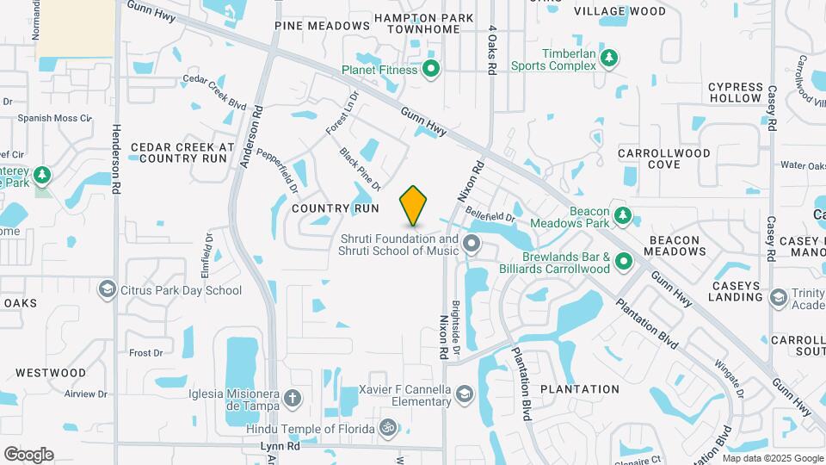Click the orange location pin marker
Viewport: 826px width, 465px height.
click(x=414, y=204)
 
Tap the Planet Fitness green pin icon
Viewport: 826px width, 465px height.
click(x=431, y=69)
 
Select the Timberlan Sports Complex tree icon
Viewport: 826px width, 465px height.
click(x=609, y=58)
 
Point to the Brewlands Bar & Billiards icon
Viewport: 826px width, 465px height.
click(x=625, y=262)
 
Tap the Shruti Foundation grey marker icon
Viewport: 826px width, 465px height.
click(x=471, y=244)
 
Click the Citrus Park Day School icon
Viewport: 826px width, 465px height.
click(x=108, y=290)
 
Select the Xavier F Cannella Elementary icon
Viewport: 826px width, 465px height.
click(x=464, y=394)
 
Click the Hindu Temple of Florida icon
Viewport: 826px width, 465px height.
click(x=388, y=428)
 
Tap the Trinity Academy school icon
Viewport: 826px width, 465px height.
click(x=779, y=298)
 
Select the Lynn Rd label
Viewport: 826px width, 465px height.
click(x=280, y=446)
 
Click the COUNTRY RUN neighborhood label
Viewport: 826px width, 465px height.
click(x=336, y=208)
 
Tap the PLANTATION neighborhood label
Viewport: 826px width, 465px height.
click(x=580, y=389)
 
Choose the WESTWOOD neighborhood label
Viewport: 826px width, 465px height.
click(x=51, y=373)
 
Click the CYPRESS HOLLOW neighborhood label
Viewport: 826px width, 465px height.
click(x=736, y=92)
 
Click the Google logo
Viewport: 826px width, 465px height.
click(x=28, y=454)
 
